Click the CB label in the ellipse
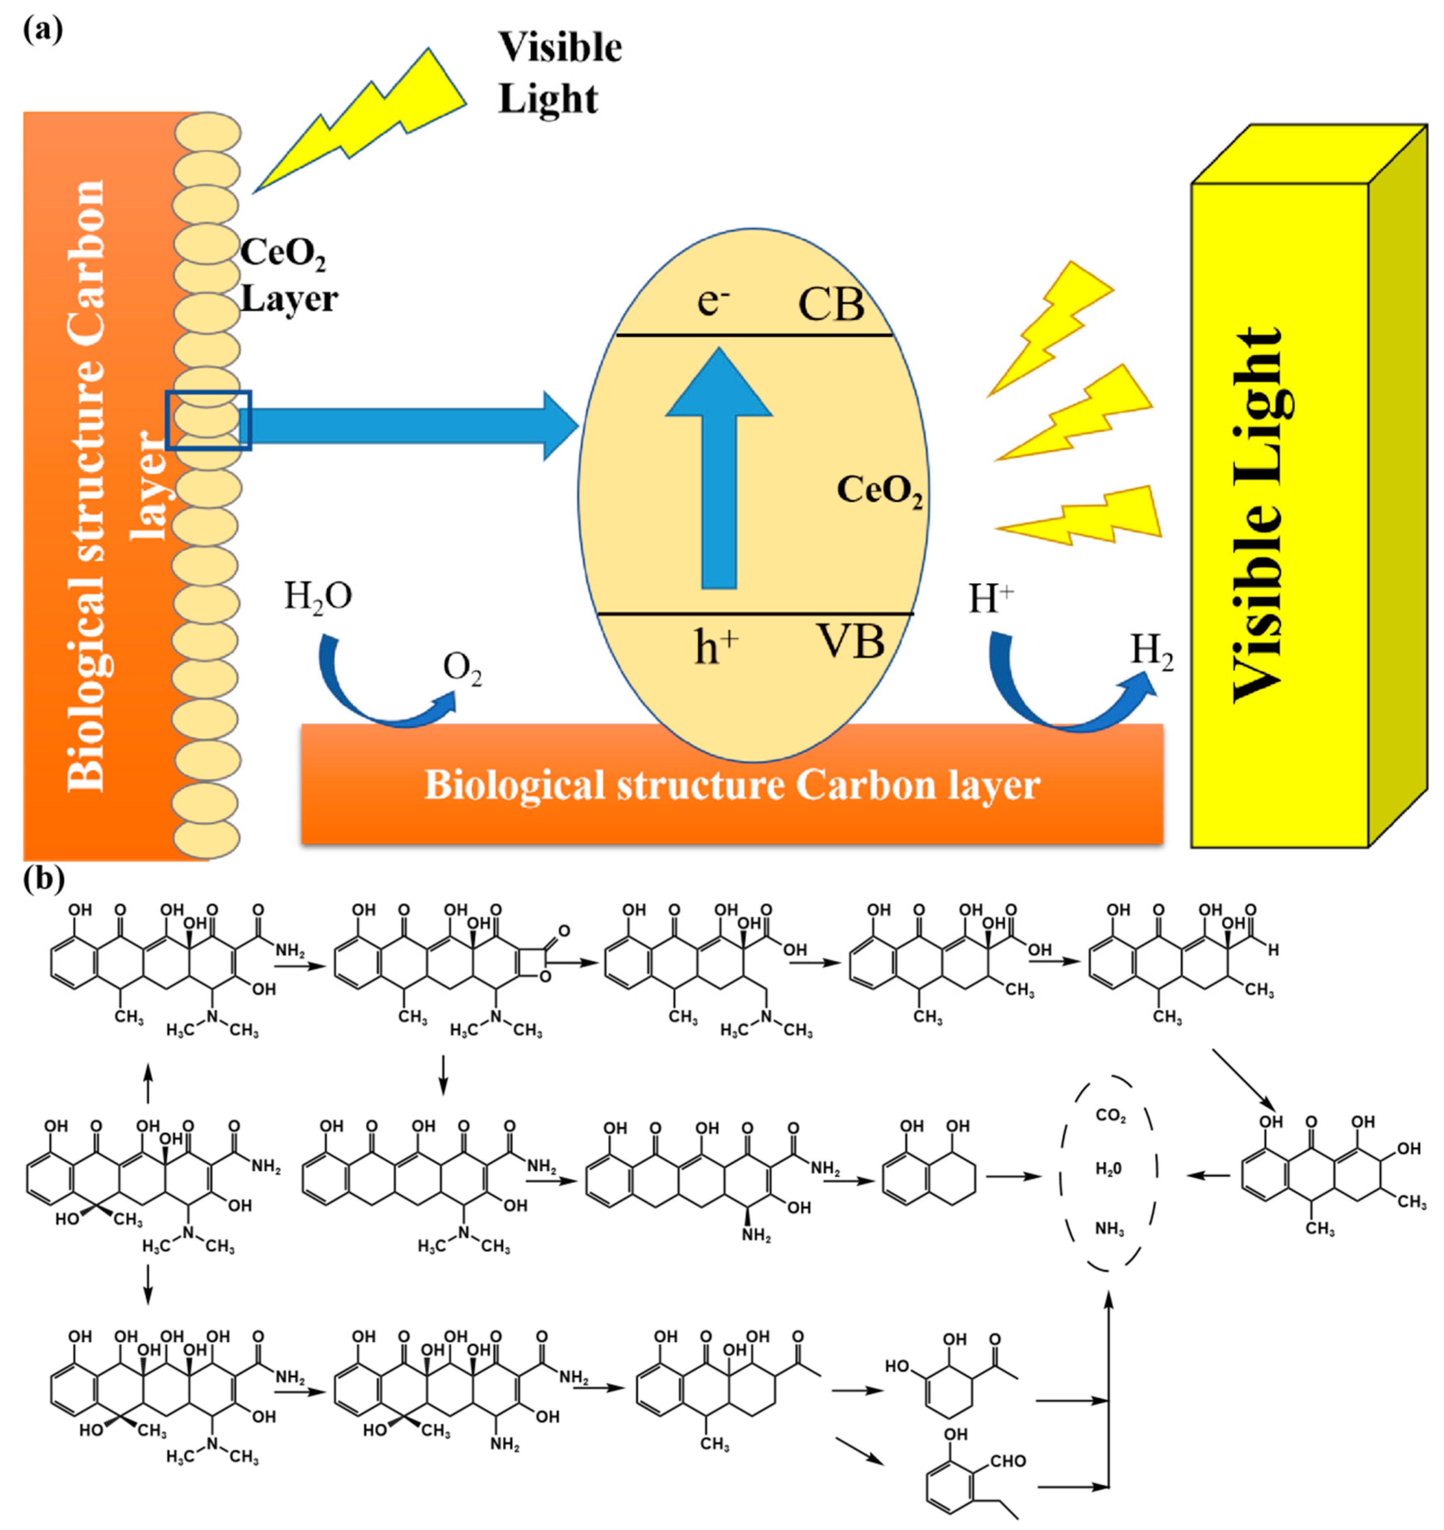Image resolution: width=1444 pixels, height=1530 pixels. point(831,305)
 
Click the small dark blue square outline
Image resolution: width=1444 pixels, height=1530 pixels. point(209,420)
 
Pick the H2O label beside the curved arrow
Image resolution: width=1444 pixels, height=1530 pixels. point(318,597)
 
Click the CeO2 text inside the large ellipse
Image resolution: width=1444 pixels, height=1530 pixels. point(879,491)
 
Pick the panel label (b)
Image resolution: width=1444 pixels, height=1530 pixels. point(44,878)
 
